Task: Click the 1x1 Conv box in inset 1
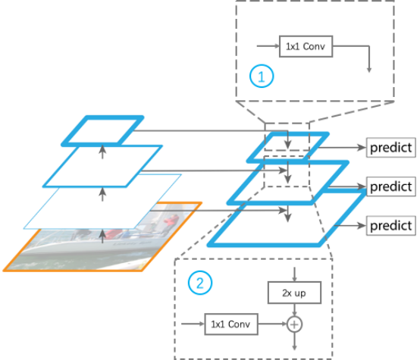(306, 46)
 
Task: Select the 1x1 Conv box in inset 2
(231, 324)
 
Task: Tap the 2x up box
(294, 293)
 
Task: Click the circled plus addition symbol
(294, 324)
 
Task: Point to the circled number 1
(262, 76)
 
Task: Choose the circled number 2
(200, 283)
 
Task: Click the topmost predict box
(390, 148)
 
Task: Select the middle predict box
(390, 186)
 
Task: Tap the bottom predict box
(390, 226)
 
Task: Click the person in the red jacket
(171, 222)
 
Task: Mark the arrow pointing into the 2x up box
(294, 274)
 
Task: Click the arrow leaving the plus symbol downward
(294, 341)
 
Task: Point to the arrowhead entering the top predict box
(362, 148)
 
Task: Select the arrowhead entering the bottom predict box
(362, 226)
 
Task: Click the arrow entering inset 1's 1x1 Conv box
(268, 46)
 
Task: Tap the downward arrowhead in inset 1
(369, 70)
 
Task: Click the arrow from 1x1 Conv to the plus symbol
(272, 324)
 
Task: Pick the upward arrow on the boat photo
(102, 236)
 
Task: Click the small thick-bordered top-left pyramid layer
(102, 131)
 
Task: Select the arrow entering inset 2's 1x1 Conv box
(193, 324)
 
